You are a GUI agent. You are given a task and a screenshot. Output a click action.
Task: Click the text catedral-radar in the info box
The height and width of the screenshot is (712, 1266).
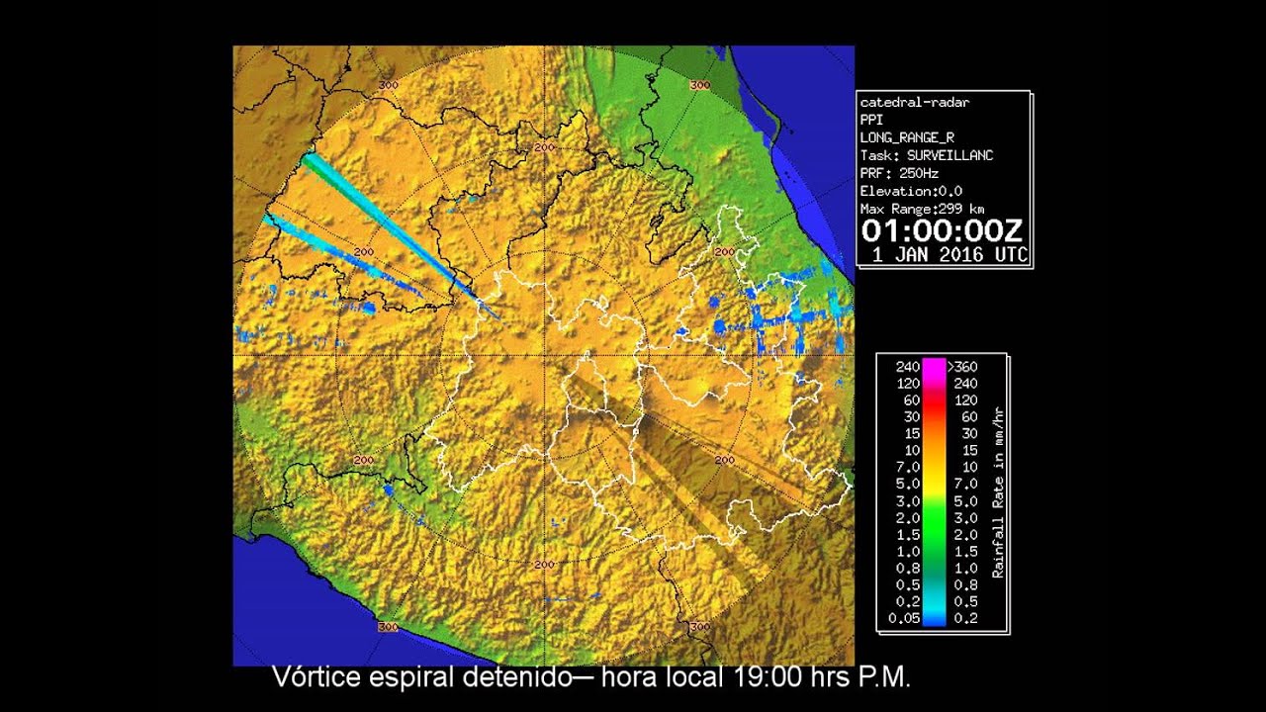coord(914,103)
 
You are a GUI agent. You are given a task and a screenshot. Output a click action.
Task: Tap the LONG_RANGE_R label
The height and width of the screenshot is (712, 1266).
coord(907,137)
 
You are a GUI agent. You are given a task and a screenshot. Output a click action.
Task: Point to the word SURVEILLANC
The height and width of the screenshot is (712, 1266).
coord(949,155)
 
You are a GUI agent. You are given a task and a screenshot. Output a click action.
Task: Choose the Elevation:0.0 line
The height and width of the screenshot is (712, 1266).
coord(911,191)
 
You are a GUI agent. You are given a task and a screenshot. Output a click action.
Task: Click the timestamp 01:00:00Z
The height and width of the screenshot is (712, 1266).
coord(942,231)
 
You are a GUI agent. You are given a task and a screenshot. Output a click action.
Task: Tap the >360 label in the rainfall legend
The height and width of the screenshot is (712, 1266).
coord(962,367)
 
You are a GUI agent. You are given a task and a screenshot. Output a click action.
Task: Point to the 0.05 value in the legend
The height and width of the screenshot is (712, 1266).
coord(904,619)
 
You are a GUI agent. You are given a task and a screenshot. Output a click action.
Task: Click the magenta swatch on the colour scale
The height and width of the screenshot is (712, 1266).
coord(934,367)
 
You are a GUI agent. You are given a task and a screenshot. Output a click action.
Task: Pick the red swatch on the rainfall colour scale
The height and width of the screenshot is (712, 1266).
coord(934,399)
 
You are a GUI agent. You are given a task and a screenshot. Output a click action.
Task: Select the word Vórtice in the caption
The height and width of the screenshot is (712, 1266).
coord(315,678)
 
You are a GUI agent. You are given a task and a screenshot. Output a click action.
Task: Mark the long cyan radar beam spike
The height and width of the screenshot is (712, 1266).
coord(396,231)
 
